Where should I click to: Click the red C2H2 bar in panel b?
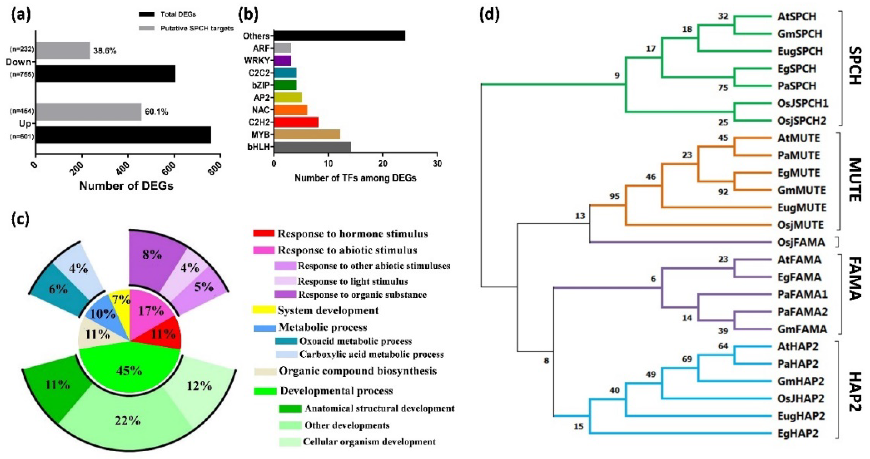296,122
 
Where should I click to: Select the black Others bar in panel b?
339,36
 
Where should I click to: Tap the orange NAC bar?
290,110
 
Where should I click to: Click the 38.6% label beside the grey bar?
105,51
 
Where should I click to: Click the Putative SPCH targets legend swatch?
146,28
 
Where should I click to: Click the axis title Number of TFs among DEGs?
355,178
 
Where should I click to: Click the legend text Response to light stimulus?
352,281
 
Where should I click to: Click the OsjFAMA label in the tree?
800,242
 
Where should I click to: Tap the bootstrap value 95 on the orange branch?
614,196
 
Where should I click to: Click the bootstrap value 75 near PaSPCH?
723,88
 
